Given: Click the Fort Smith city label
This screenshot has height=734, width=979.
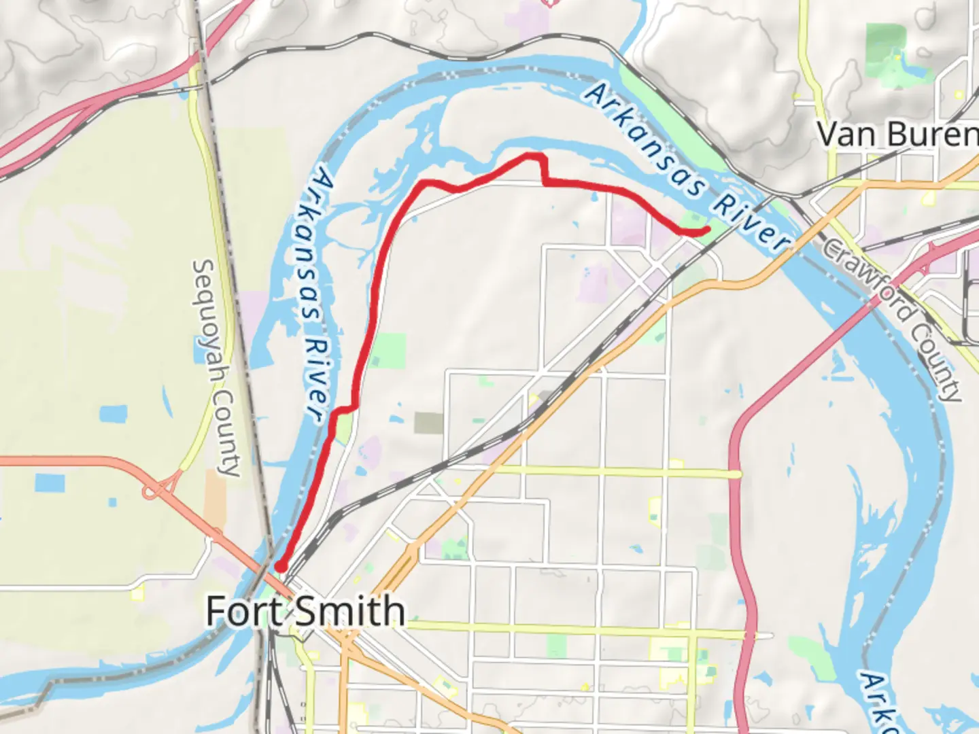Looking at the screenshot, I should (x=305, y=611).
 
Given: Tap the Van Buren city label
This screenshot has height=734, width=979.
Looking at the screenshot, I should (x=896, y=135).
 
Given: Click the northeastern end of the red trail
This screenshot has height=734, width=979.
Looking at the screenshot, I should (x=707, y=230).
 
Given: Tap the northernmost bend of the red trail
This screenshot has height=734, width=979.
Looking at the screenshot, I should (x=534, y=156).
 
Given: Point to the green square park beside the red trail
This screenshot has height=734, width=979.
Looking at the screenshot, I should (x=389, y=351).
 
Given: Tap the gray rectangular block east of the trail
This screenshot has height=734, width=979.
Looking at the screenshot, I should (x=428, y=423).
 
